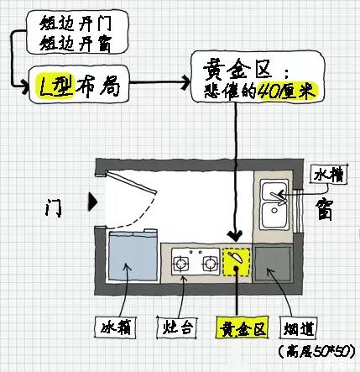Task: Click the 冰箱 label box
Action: click(x=116, y=327)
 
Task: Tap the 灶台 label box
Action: click(x=178, y=327)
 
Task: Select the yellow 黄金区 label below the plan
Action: click(x=243, y=327)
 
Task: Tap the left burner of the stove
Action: click(x=180, y=264)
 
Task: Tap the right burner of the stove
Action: click(x=210, y=264)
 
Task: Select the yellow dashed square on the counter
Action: click(x=237, y=262)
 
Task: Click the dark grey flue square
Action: click(x=273, y=264)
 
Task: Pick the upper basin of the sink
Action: click(x=274, y=191)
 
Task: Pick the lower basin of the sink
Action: click(x=274, y=215)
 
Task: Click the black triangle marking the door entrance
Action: click(x=93, y=202)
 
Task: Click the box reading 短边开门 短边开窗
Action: click(x=77, y=32)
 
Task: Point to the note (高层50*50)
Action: click(x=318, y=352)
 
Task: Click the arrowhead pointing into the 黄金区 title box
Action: click(x=185, y=82)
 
